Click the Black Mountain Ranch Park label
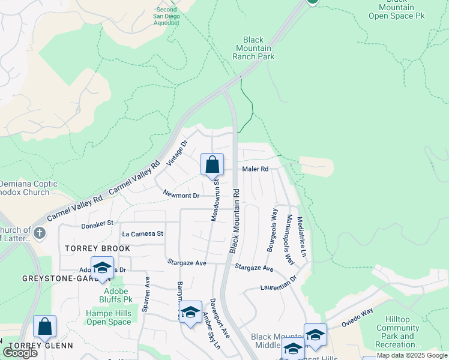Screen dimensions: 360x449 click(253, 48)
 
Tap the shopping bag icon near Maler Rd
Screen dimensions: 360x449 click(212, 165)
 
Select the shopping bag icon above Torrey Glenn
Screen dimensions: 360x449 click(44, 327)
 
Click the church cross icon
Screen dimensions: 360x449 click(40, 232)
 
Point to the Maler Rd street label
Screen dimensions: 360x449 click(255, 170)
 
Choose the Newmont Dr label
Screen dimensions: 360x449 click(181, 196)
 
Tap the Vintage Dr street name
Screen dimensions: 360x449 click(177, 153)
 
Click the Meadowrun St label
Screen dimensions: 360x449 click(215, 202)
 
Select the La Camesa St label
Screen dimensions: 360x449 click(142, 233)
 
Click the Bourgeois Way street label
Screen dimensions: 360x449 click(272, 230)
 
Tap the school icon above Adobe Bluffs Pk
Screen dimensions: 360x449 click(102, 268)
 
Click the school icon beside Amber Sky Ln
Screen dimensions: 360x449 click(191, 313)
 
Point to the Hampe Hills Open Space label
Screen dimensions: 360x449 click(108, 317)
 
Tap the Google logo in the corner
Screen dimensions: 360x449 click(20, 353)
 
